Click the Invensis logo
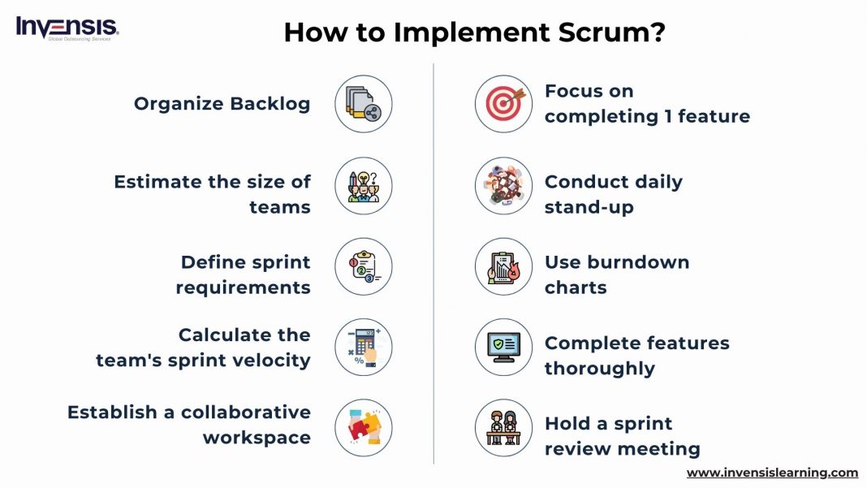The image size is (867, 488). [x=67, y=28]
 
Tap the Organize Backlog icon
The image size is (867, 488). [x=363, y=104]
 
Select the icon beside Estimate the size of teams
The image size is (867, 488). [x=363, y=185]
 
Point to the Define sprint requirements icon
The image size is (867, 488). [x=363, y=266]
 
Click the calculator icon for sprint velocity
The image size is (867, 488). [x=363, y=347]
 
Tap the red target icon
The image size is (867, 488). [x=503, y=104]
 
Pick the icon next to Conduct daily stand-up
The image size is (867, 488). [x=503, y=185]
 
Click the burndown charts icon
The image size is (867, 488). [x=503, y=266]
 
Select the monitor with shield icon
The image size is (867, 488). [x=503, y=347]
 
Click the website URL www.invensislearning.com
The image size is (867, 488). [x=772, y=473]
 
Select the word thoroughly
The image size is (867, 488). [x=599, y=369]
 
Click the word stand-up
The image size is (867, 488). [x=589, y=207]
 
